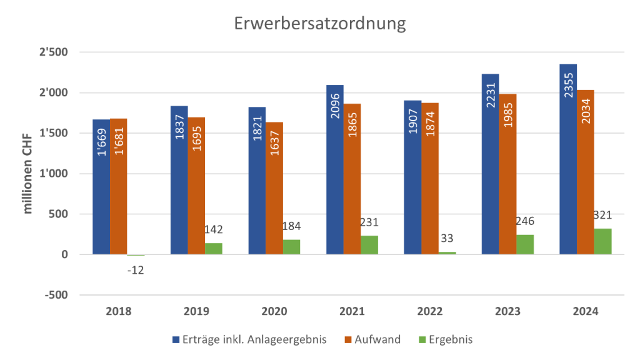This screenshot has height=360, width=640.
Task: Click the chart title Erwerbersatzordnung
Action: tap(320, 23)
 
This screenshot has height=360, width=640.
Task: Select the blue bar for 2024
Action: tap(568, 159)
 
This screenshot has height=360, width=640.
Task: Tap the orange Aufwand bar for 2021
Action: tap(352, 179)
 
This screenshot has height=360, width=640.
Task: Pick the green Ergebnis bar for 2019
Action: tap(214, 248)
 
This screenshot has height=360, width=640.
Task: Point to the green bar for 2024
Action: tap(603, 241)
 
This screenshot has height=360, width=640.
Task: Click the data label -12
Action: tap(136, 270)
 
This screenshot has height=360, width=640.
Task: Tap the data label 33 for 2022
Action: tap(447, 237)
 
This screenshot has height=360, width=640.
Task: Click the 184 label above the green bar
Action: tap(291, 224)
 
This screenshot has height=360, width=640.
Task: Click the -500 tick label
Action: tap(60, 295)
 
